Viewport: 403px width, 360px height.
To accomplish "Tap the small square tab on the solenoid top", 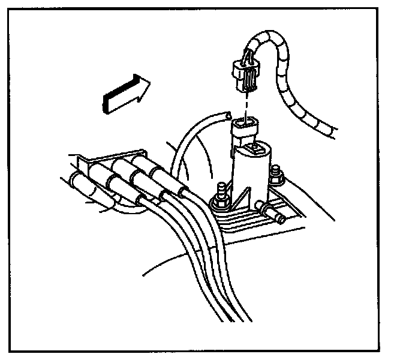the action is tap(258, 146).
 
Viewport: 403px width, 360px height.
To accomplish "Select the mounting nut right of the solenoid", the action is tap(277, 177).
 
